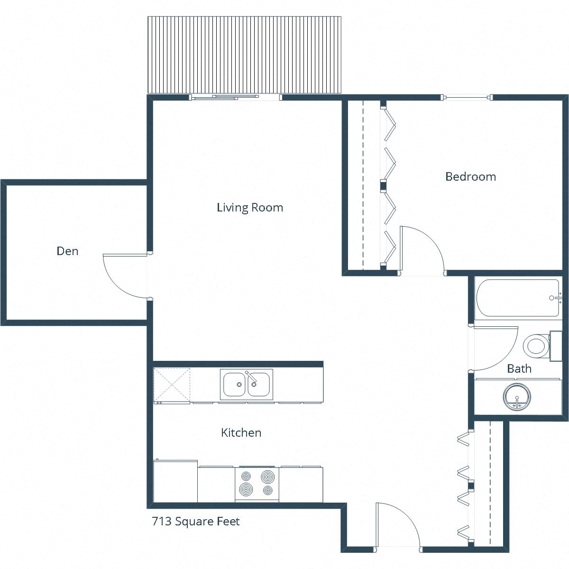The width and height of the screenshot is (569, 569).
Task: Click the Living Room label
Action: pyautogui.click(x=250, y=208)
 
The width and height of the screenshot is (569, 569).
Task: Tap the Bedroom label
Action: pyautogui.click(x=470, y=177)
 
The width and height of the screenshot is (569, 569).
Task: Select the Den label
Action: pyautogui.click(x=67, y=251)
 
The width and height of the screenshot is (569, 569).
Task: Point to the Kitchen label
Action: pyautogui.click(x=241, y=432)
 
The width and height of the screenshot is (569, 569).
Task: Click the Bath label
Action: pyautogui.click(x=519, y=368)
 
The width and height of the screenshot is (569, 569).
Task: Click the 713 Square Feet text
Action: pyautogui.click(x=196, y=522)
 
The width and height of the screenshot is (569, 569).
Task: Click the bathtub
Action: pyautogui.click(x=518, y=298)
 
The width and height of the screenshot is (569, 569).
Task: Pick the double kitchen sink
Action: pyautogui.click(x=247, y=384)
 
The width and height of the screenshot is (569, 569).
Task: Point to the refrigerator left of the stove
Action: pyautogui.click(x=175, y=481)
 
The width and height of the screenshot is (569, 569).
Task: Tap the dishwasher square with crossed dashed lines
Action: pyautogui.click(x=172, y=385)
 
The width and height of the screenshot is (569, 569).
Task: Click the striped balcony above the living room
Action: pyautogui.click(x=245, y=55)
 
